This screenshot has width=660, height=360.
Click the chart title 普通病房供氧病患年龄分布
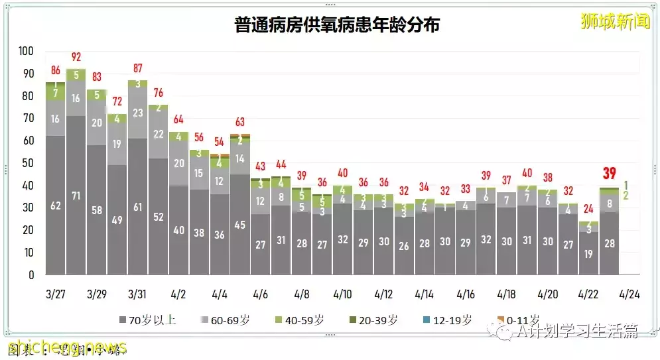tap(337, 25)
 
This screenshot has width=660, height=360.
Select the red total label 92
tap(76, 57)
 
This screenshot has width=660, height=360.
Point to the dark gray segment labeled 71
tap(76, 196)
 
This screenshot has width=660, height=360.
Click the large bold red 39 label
tap(609, 174)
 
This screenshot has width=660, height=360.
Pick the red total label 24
tap(588, 209)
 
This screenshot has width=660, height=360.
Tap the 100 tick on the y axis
tap(26, 51)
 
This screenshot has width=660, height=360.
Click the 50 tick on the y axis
tap(28, 163)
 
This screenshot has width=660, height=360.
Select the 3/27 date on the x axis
tap(56, 294)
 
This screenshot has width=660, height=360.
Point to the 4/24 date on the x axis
tap(629, 294)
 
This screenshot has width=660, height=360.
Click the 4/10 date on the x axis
tap(342, 294)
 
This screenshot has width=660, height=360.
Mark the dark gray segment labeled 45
tap(240, 225)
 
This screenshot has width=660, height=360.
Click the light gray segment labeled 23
tap(137, 113)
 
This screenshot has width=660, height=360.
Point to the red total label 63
tap(240, 122)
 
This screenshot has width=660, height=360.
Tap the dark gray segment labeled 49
tap(117, 220)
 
